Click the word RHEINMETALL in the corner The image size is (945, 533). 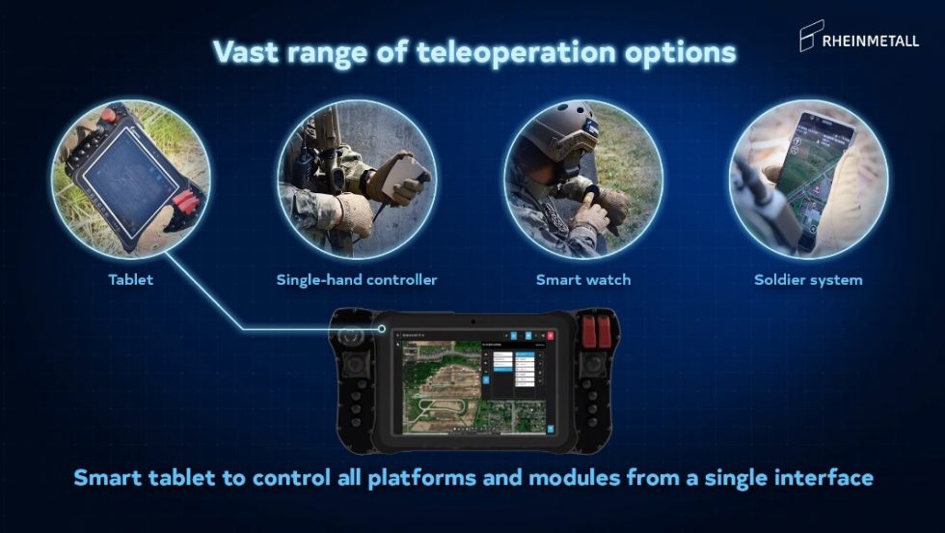tap(872, 41)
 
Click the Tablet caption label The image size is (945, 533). tap(131, 280)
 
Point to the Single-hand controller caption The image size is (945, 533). tap(357, 280)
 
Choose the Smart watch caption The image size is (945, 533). tap(583, 280)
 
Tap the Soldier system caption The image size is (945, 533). tap(808, 280)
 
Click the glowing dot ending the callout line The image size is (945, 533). tap(383, 330)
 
